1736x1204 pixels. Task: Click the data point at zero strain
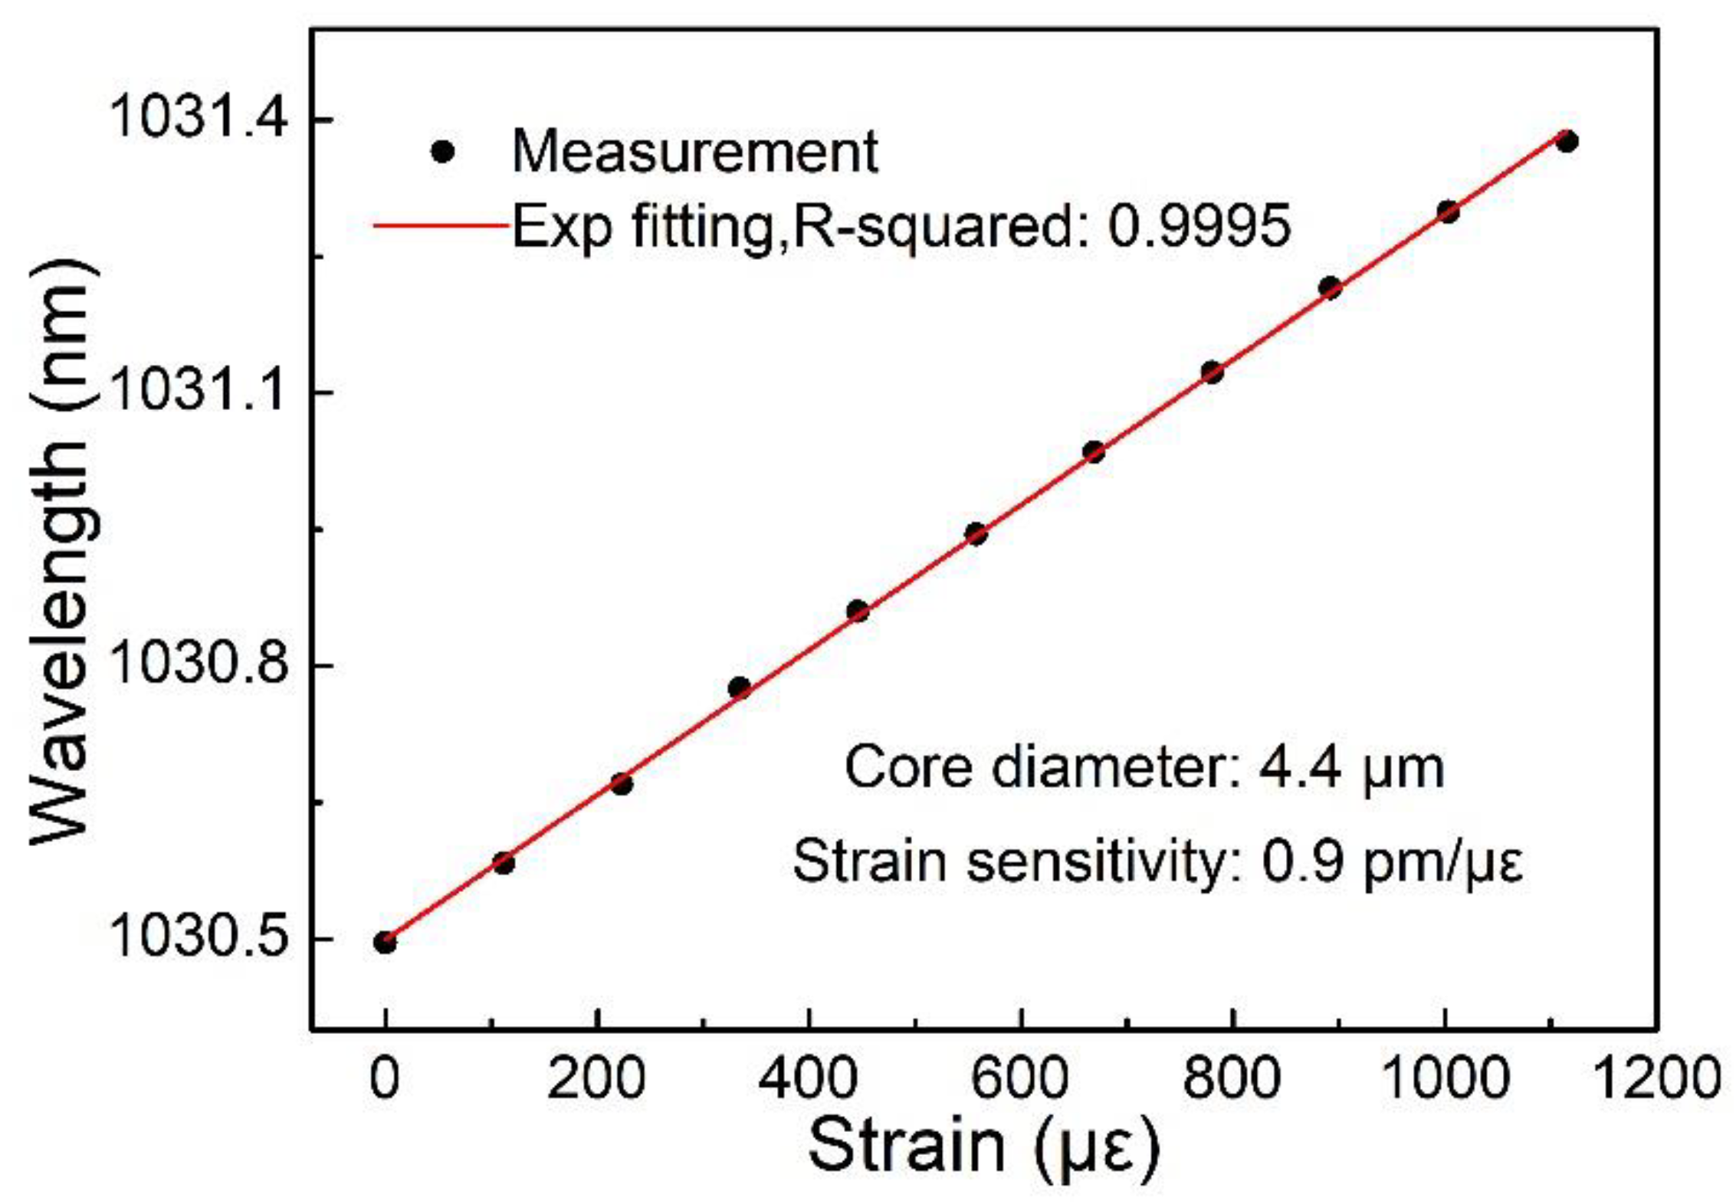[385, 942]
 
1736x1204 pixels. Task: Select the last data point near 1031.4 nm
[1567, 142]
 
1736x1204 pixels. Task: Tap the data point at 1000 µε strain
[1448, 212]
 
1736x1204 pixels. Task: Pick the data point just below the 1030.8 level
[739, 687]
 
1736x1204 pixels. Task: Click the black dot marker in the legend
[443, 152]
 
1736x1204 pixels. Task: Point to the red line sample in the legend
[441, 225]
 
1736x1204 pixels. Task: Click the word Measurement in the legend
[694, 152]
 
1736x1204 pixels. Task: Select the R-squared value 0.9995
[1200, 226]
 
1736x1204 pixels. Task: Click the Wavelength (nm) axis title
[65, 552]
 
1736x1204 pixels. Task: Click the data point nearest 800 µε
[1212, 373]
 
